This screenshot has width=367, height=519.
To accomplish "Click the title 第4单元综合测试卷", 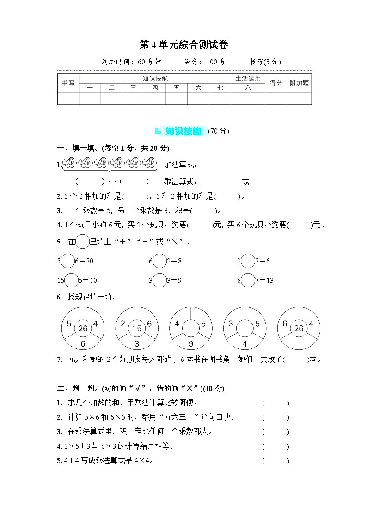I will (x=183, y=45).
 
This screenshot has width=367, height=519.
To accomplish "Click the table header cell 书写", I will (x=68, y=83).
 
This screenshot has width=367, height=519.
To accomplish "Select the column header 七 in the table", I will (x=220, y=88).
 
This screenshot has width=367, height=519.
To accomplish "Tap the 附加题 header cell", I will (x=299, y=83).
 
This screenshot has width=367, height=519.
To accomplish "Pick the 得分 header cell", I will (x=276, y=83).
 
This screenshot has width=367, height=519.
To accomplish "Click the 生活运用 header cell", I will (x=248, y=79).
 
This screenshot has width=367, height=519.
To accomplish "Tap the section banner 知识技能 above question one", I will (x=183, y=132).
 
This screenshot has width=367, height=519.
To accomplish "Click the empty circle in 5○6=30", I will (x=67, y=261).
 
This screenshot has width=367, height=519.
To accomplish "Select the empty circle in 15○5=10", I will (x=72, y=281).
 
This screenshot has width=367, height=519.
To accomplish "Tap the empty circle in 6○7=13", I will (x=248, y=281).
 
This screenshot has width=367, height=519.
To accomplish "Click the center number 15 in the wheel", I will (x=137, y=329).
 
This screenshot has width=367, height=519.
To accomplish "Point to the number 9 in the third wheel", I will (x=190, y=344).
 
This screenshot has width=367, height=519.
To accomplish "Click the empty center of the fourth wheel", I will (x=245, y=329).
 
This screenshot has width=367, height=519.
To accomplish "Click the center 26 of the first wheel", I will (x=83, y=329).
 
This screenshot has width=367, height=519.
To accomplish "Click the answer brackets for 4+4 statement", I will (x=275, y=461).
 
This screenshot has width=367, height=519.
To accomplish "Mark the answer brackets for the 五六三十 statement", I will (x=275, y=418).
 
